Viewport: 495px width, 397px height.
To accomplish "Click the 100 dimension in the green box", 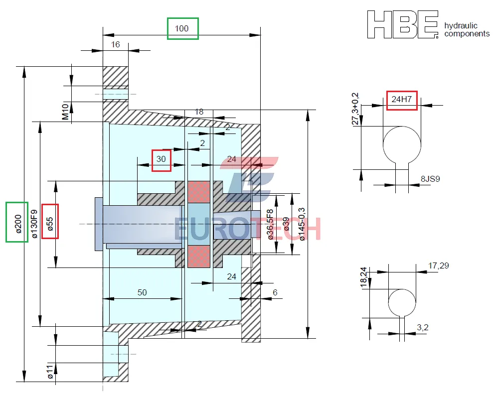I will click(182, 28).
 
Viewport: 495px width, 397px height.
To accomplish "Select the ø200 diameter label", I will click(17, 222).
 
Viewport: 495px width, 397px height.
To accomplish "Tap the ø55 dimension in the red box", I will click(50, 221).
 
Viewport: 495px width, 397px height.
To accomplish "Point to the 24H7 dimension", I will click(401, 99).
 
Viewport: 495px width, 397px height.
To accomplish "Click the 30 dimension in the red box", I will click(161, 159).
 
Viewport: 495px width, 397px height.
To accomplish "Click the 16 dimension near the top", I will click(116, 44).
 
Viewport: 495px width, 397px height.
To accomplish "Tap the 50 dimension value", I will click(142, 292).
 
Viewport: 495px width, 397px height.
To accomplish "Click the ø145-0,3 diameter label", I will click(302, 224).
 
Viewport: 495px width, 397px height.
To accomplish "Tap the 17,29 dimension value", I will click(438, 265).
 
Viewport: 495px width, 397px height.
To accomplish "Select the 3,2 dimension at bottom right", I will click(422, 327).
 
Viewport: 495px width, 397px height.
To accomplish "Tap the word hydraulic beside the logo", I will click(461, 25).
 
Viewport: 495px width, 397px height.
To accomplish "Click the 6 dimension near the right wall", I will click(275, 292).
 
